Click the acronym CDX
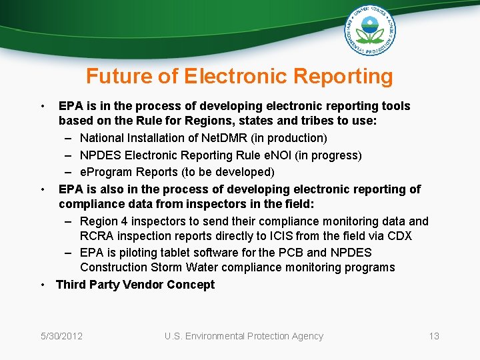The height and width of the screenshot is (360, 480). pyautogui.click(x=399, y=236)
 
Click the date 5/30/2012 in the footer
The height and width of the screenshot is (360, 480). pyautogui.click(x=61, y=336)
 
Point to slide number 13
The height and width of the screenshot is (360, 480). pyautogui.click(x=433, y=336)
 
